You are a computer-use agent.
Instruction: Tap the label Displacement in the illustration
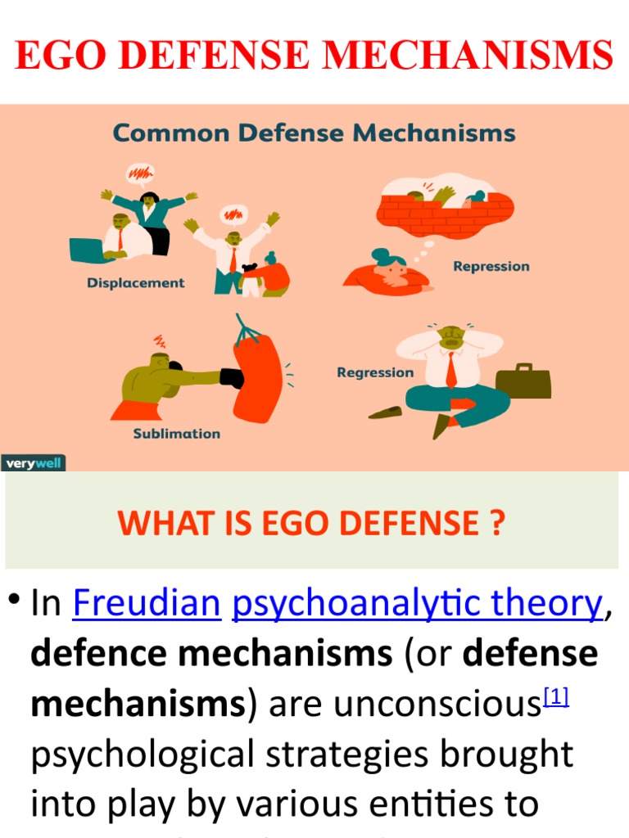(136, 283)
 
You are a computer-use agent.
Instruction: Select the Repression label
(491, 266)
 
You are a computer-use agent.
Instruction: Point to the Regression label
(375, 372)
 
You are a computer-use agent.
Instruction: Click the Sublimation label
(177, 434)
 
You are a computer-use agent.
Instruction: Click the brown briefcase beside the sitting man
(523, 382)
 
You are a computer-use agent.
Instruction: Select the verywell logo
(33, 463)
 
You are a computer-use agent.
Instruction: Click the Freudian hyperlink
(147, 604)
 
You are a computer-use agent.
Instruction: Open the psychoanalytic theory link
(418, 604)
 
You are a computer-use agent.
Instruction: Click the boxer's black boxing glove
(233, 378)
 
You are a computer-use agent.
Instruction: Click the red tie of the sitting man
(451, 370)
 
